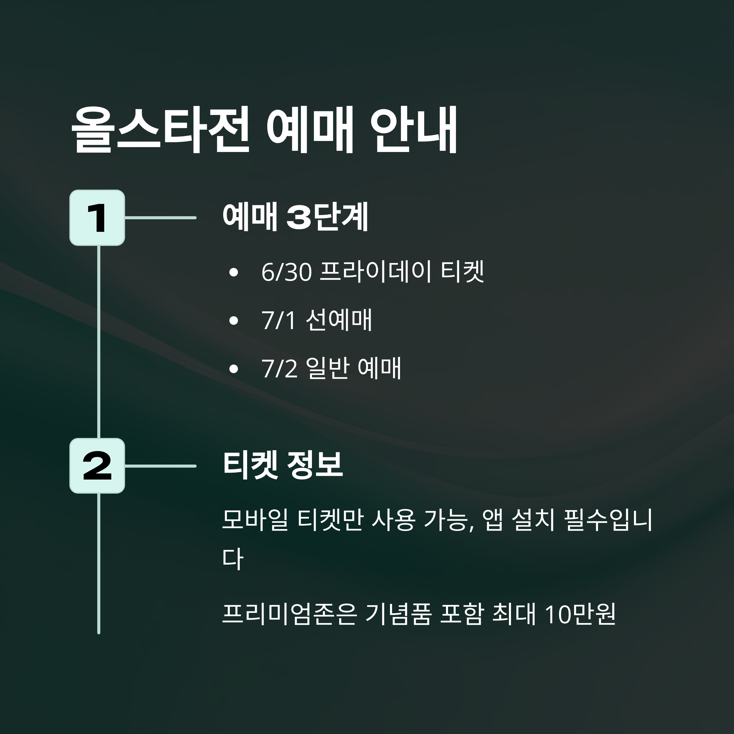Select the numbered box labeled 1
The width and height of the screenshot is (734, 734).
[x=97, y=218]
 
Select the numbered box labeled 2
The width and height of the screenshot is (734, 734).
[x=97, y=466]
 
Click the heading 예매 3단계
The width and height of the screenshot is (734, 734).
[x=295, y=217]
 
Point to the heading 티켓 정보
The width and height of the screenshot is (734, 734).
[x=283, y=465]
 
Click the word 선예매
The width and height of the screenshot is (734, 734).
[x=339, y=320]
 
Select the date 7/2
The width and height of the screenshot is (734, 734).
[x=279, y=369]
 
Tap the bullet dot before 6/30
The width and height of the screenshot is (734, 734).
[x=234, y=272]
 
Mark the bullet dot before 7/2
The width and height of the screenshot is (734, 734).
[x=234, y=369]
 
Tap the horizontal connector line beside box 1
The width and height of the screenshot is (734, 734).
[x=160, y=218]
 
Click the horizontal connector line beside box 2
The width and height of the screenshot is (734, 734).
[x=160, y=466]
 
